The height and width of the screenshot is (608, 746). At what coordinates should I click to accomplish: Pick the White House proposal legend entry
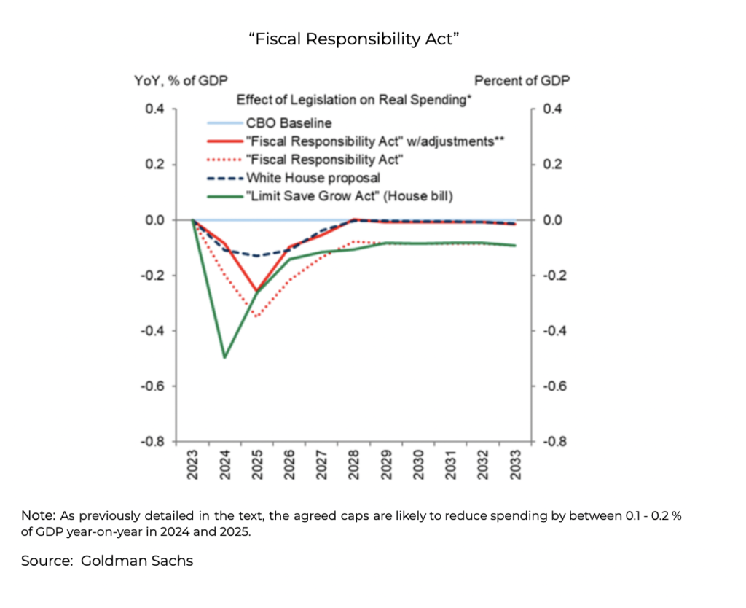[x=313, y=177]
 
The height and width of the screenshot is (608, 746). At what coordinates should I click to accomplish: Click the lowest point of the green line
[x=224, y=357]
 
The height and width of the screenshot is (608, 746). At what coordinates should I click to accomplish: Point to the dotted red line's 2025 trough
[x=256, y=316]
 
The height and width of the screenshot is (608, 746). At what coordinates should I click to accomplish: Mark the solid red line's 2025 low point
[x=256, y=292]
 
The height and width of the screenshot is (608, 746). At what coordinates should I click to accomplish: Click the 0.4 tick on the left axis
[x=155, y=109]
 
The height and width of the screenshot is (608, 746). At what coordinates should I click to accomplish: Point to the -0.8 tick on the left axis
[x=153, y=442]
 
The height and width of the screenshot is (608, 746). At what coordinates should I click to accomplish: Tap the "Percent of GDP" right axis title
[x=522, y=82]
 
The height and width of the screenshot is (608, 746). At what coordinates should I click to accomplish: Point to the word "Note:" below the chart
[x=36, y=515]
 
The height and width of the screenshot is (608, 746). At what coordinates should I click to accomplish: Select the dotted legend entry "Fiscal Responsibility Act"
[x=324, y=159]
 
